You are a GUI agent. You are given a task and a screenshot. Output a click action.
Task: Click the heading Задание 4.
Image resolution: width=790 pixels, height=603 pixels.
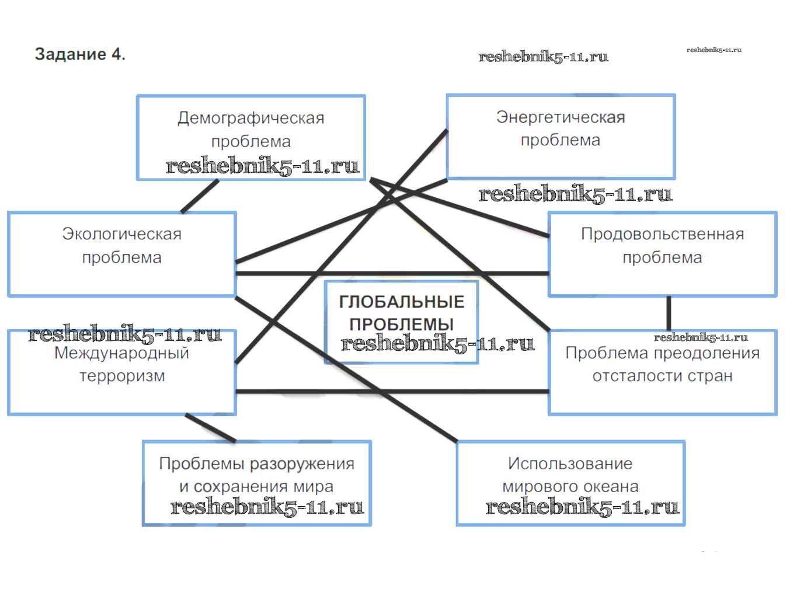point(80,54)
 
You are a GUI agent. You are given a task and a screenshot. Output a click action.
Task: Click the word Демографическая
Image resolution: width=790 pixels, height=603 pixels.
point(251,118)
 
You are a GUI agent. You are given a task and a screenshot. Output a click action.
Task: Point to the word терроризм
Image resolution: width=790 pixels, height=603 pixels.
point(122,376)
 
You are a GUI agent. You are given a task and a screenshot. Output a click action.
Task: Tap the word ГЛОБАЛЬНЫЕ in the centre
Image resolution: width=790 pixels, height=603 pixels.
point(402,302)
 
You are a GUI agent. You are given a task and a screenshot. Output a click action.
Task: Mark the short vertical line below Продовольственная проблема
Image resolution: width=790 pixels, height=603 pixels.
point(669,313)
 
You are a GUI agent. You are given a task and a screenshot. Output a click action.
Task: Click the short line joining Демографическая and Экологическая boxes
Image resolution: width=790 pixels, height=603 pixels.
point(200,196)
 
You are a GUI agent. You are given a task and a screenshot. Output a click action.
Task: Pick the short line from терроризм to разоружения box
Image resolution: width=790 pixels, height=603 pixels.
point(211,428)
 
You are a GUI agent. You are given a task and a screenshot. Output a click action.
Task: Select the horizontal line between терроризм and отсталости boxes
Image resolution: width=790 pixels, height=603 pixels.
point(391,391)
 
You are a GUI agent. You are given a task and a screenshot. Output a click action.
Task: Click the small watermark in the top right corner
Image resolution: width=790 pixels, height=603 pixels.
point(714,50)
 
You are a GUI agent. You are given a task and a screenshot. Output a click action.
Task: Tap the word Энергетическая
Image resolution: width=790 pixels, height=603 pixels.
point(561,117)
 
